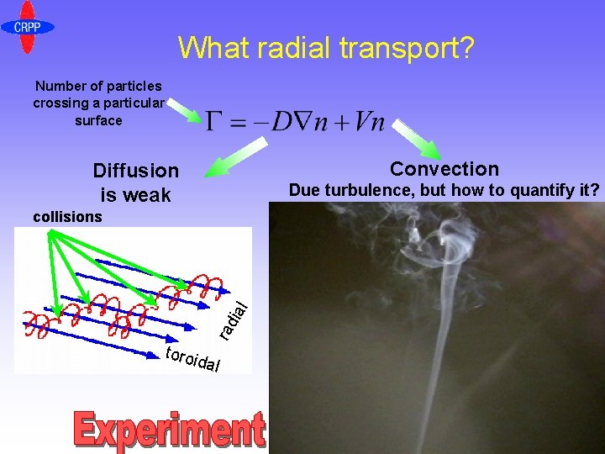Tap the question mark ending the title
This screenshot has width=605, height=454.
click(465, 48)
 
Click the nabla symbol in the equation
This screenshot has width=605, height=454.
click(302, 123)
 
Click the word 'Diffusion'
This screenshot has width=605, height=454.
click(136, 171)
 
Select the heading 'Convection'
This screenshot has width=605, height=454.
click(445, 169)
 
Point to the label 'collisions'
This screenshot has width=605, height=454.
click(67, 217)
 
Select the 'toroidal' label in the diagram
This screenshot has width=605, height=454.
click(193, 358)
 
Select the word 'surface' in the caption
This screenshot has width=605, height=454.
click(98, 120)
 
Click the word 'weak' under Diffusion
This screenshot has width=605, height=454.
click(148, 195)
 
